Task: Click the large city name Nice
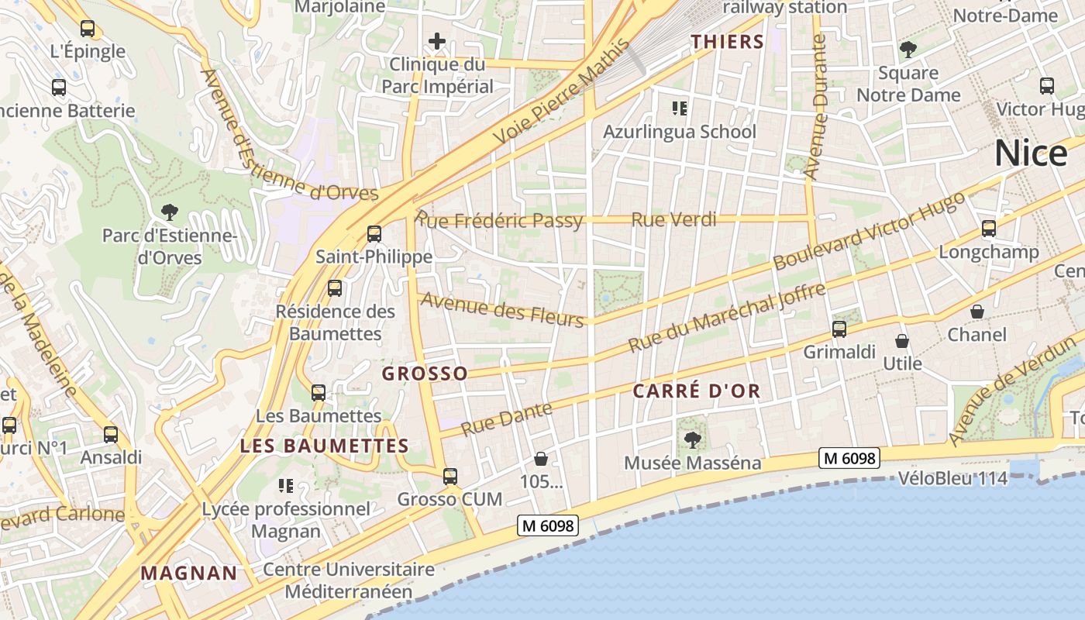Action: [1031, 153]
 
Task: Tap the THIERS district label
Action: [728, 42]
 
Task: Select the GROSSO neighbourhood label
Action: [425, 374]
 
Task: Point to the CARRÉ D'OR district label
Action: [697, 391]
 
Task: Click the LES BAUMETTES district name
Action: [324, 446]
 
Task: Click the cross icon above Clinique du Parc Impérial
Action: [437, 41]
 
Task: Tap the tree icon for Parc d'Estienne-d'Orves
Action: [169, 211]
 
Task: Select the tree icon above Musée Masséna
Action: [693, 440]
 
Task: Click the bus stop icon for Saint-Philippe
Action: [374, 233]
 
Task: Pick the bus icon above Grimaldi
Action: [839, 329]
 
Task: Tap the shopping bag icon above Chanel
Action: [977, 312]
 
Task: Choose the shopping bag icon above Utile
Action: [902, 340]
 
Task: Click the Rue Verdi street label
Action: [673, 220]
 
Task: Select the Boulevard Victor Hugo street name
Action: [869, 230]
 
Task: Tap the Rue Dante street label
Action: [507, 418]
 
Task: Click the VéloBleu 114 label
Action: [953, 478]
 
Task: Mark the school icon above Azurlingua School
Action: [680, 108]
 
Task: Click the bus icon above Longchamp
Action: [988, 229]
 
